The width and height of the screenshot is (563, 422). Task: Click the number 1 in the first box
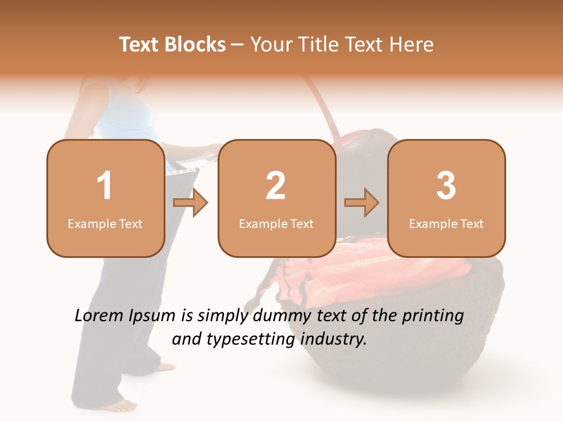[x=105, y=186]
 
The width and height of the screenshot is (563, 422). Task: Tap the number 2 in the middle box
[x=276, y=186]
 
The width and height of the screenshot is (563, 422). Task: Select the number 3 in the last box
[x=446, y=186]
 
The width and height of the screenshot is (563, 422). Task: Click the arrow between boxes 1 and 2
[x=191, y=203]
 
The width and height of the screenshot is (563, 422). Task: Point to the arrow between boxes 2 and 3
[x=362, y=203]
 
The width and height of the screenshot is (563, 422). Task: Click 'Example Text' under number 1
[x=105, y=224]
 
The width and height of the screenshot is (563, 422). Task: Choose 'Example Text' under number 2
[x=276, y=224]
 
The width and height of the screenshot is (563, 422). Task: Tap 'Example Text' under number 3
[x=446, y=224]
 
